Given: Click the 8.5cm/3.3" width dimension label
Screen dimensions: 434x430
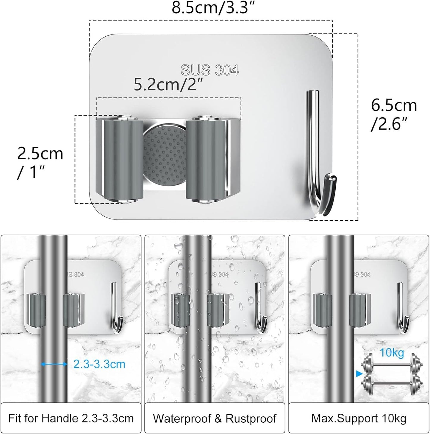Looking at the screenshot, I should tap(210, 8).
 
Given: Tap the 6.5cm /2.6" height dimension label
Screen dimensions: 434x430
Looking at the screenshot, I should tap(393, 114).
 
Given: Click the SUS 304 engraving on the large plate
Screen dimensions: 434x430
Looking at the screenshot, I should tap(209, 71).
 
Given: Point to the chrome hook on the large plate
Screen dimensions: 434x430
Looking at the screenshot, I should tap(319, 155).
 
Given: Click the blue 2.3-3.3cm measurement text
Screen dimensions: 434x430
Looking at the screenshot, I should tap(99, 364).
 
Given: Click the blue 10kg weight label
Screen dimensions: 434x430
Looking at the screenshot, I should tap(392, 353).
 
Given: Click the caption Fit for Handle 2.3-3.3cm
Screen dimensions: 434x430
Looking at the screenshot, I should tap(71, 418).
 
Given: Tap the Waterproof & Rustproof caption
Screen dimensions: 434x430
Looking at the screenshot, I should tap(215, 418).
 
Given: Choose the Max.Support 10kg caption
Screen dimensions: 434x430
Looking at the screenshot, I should tap(359, 418).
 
